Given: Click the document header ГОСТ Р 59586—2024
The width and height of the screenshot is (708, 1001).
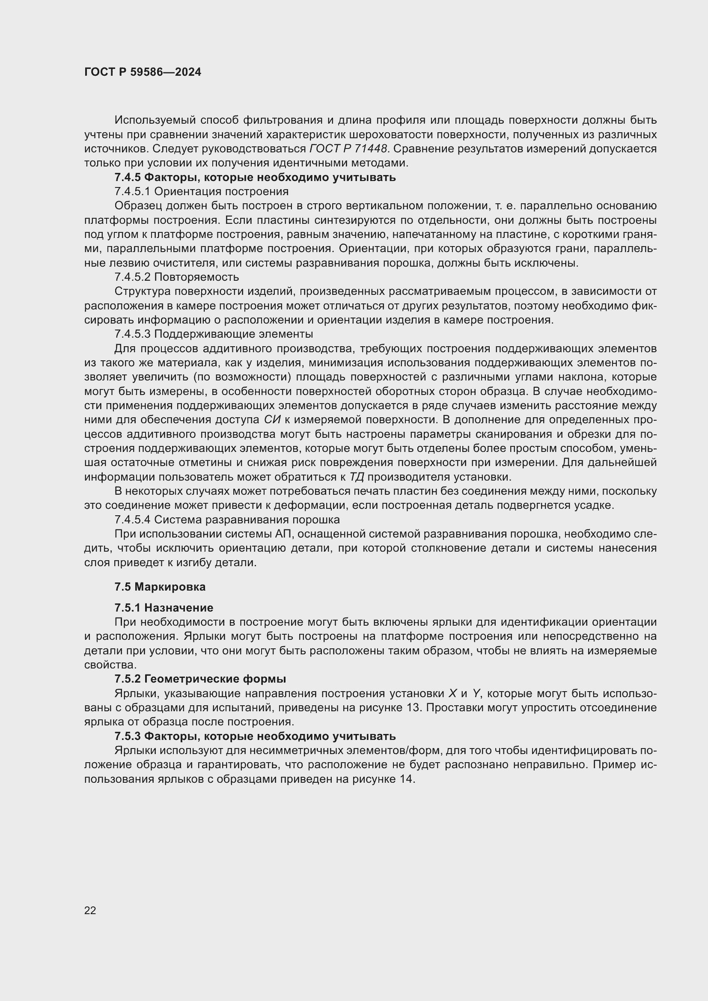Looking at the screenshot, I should [x=143, y=72].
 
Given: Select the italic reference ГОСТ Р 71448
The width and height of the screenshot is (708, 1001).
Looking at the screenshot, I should [x=348, y=149].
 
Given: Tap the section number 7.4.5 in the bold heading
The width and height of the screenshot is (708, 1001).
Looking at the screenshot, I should [x=128, y=178].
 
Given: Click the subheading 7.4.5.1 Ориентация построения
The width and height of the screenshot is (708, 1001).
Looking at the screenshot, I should [x=202, y=191].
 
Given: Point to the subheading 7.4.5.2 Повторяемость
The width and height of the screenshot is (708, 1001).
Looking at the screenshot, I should [x=176, y=277].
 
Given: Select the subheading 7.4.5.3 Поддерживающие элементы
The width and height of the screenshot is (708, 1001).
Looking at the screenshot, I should [x=214, y=334].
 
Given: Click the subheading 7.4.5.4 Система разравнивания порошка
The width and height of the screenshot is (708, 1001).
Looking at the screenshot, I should [x=227, y=520].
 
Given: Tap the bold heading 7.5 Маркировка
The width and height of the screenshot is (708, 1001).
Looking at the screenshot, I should [x=160, y=587].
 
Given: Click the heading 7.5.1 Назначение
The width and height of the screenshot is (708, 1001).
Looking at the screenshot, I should [x=164, y=608].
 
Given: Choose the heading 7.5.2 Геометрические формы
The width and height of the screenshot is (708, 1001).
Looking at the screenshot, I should [x=200, y=679].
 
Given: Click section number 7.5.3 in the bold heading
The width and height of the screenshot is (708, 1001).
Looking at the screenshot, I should [x=128, y=736].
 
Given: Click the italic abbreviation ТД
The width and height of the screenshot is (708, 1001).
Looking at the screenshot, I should [x=357, y=477].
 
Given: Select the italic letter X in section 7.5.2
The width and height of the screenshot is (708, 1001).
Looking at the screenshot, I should [x=452, y=693].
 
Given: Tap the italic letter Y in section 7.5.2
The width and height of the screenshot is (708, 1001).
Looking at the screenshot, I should [x=476, y=693].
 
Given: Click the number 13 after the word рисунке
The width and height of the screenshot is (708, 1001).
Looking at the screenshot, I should [x=412, y=707].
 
